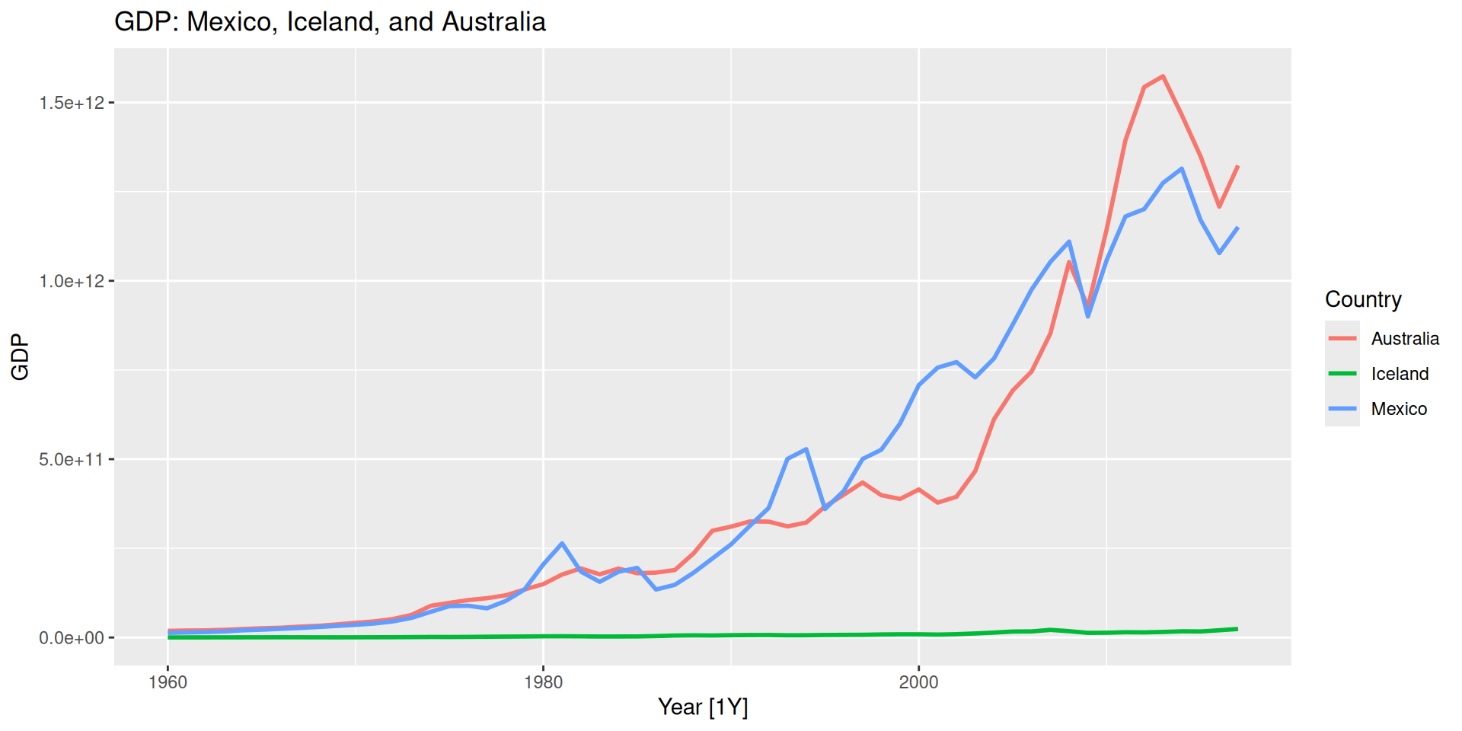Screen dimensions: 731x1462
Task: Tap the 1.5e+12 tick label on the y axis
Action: pos(72,103)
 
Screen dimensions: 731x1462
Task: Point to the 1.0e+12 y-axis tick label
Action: pos(72,281)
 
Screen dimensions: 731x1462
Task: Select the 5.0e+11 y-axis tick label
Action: pos(72,459)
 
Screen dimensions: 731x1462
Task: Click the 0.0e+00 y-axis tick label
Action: pos(72,638)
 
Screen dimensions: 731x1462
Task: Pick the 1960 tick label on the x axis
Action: pos(168,682)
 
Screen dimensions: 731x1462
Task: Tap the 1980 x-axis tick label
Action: pos(543,682)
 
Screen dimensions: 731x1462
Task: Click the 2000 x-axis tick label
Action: pos(918,682)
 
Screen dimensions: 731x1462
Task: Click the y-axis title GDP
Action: pos(21,356)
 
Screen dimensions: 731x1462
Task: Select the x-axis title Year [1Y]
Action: pos(703,707)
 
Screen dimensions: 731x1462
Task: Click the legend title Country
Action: pos(1363,299)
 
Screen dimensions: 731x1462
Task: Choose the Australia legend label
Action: pos(1405,339)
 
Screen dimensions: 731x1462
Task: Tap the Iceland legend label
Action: pos(1400,374)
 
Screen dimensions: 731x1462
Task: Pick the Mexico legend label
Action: pos(1399,409)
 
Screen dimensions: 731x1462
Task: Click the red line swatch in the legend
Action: pos(1342,339)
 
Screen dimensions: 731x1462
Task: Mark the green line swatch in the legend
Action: pos(1342,374)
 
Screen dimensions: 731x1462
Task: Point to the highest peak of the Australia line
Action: pos(1163,76)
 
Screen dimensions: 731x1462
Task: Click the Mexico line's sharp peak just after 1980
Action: pos(562,543)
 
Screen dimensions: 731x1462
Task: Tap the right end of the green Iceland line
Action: pos(1237,629)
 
